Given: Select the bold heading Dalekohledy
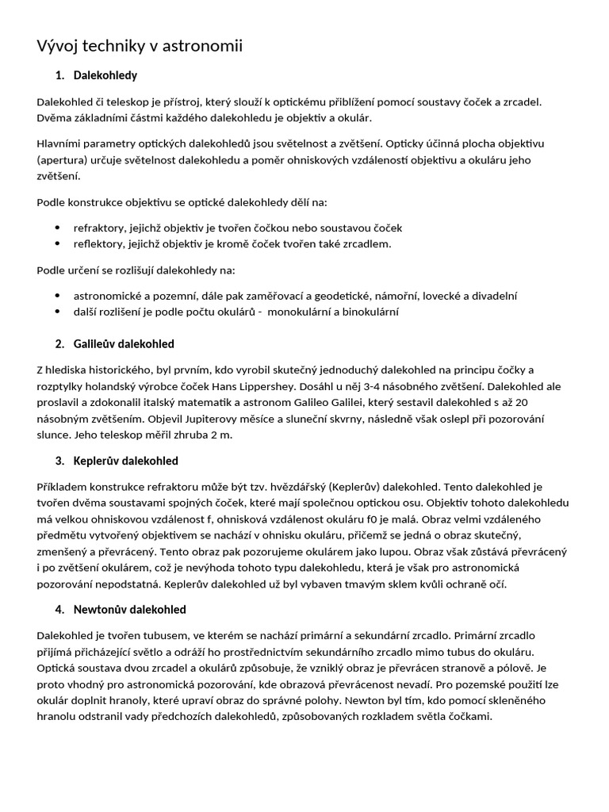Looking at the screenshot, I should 105,76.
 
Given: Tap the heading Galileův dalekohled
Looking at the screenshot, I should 124,344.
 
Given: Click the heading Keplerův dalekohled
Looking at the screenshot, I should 125,461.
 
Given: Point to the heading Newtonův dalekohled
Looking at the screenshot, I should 129,610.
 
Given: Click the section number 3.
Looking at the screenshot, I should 60,461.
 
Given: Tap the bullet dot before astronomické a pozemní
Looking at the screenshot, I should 57,296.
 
